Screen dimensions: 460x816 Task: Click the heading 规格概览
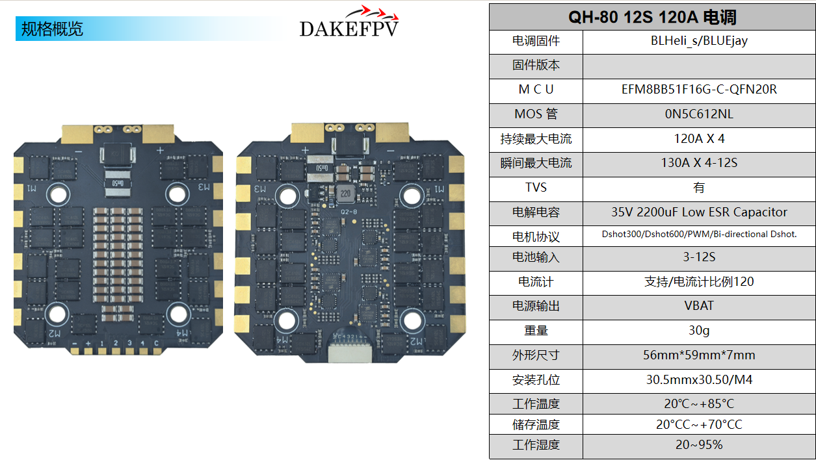click(53, 29)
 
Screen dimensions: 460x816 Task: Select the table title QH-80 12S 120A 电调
click(652, 17)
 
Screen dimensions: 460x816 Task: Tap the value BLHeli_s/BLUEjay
click(699, 41)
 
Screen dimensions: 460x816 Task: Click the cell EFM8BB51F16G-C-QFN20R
click(699, 90)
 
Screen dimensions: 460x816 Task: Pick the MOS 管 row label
click(536, 114)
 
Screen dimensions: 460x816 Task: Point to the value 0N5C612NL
click(699, 114)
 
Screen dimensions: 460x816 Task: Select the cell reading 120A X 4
click(699, 138)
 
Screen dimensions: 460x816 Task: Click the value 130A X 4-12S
click(699, 163)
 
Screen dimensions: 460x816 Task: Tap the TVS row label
click(536, 188)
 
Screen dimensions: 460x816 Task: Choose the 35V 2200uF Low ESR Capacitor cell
click(699, 212)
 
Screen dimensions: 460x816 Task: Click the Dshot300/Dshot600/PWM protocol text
click(699, 235)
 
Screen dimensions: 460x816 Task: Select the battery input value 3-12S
click(699, 257)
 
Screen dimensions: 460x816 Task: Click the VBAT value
click(699, 306)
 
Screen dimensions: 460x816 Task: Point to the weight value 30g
click(699, 331)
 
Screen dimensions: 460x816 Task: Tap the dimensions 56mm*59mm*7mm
click(699, 355)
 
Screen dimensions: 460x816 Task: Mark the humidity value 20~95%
click(699, 445)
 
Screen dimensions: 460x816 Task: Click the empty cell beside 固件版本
click(699, 66)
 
